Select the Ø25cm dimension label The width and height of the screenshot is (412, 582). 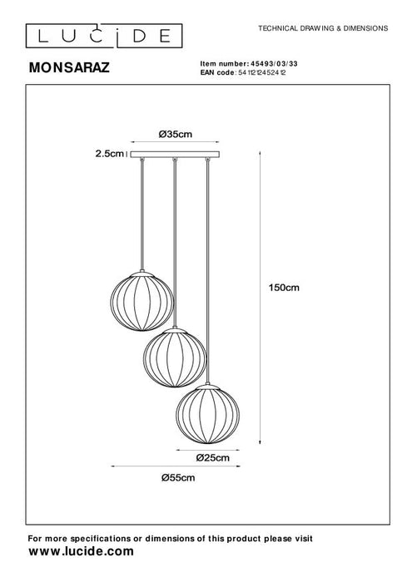pos(212,456)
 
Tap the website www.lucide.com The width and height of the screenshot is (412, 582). pos(82,550)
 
